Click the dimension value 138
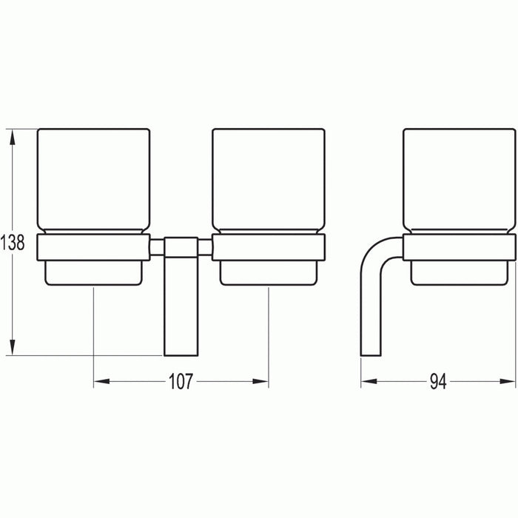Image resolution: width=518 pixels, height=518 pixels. [x=13, y=242]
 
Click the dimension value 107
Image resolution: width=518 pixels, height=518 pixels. [x=181, y=382]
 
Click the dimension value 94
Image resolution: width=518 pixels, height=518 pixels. [x=440, y=382]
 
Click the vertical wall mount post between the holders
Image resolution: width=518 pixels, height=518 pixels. [x=181, y=296]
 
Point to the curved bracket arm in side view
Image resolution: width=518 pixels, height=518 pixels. [x=374, y=289]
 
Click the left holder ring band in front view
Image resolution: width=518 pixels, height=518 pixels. [x=93, y=248]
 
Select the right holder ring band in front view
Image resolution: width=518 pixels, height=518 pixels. [x=268, y=248]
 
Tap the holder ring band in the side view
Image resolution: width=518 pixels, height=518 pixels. [x=459, y=248]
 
